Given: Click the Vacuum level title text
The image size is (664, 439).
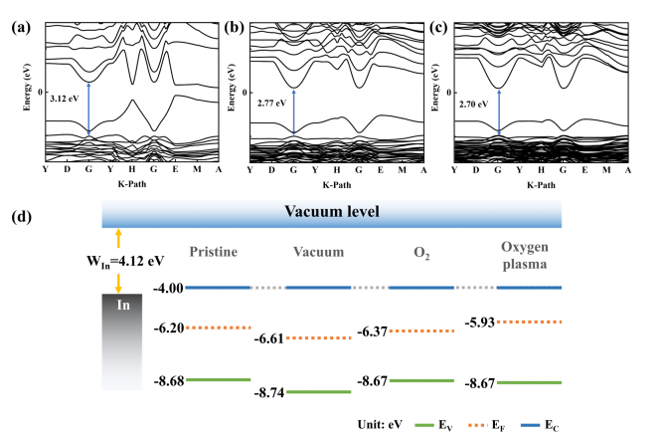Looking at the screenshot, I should pos(333,212).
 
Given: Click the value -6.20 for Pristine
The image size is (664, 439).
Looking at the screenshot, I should pos(169,328).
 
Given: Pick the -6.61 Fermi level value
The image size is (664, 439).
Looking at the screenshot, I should pos(268,338).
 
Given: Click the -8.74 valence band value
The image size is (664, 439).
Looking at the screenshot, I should pos(268,392).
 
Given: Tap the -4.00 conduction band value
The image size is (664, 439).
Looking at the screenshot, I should pos(169,288).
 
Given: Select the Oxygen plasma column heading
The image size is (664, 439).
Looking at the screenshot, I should pos(528,255).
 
